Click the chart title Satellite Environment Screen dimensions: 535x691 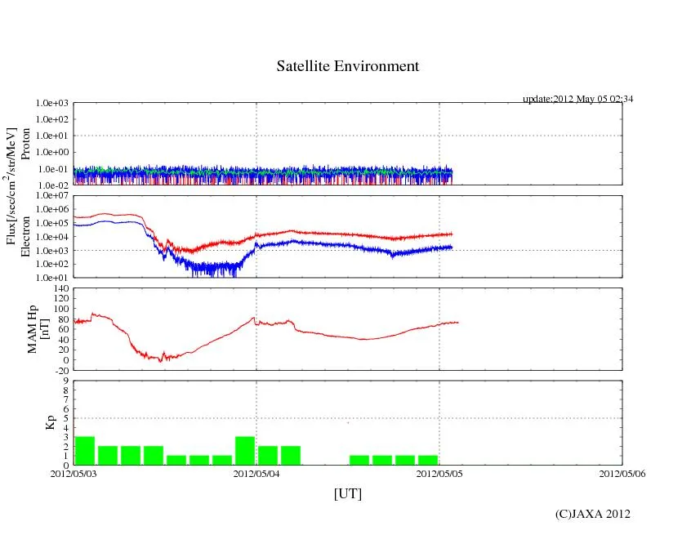pyautogui.click(x=347, y=66)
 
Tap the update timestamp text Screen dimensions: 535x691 pyautogui.click(x=577, y=99)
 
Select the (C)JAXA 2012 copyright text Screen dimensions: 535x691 pyautogui.click(x=592, y=514)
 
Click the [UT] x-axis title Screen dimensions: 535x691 pyautogui.click(x=347, y=493)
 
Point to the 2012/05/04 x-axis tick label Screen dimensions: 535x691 pyautogui.click(x=256, y=473)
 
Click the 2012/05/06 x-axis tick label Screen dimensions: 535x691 pyautogui.click(x=622, y=473)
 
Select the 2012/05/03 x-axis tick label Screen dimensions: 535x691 pyautogui.click(x=74, y=473)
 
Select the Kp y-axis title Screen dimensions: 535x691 pyautogui.click(x=50, y=423)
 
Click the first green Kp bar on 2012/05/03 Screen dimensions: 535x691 pyautogui.click(x=85, y=451)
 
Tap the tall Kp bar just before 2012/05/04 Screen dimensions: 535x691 pyautogui.click(x=245, y=451)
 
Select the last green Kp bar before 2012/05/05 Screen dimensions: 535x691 pyautogui.click(x=428, y=460)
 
